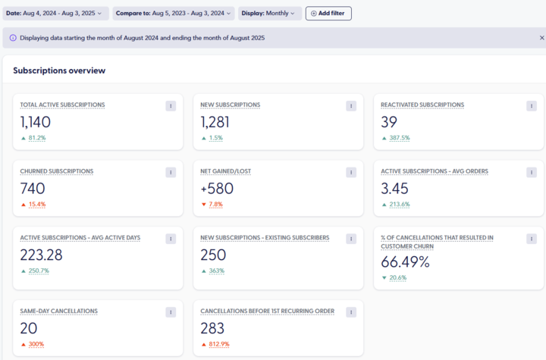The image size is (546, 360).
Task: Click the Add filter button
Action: coord(328,13)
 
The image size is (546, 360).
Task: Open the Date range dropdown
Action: coord(55,13)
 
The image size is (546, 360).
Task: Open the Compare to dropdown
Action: coord(174,13)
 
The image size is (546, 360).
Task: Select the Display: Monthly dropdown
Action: coord(270,13)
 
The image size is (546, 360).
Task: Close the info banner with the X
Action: coord(541,38)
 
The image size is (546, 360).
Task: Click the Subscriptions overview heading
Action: coord(59,70)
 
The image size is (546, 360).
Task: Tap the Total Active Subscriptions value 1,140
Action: coord(36,122)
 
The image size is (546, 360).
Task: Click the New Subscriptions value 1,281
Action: coord(215,122)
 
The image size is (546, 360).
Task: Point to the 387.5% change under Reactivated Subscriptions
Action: coord(400,138)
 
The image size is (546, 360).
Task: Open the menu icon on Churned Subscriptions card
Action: coord(171,172)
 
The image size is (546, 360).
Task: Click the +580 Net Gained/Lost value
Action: coord(217,189)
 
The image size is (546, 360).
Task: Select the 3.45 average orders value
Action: coord(394,189)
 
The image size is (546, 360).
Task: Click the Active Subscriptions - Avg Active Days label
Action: coord(80,237)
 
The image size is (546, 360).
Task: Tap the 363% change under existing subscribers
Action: coord(217,271)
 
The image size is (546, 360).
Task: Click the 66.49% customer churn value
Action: coord(405,261)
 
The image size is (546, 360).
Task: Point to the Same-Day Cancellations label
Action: coord(59,311)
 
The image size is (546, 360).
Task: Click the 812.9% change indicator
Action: coord(219,344)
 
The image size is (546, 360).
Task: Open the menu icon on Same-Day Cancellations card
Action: coord(171,312)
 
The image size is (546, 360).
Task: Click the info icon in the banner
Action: coord(13,38)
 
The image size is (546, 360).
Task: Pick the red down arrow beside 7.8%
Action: coord(204,205)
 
